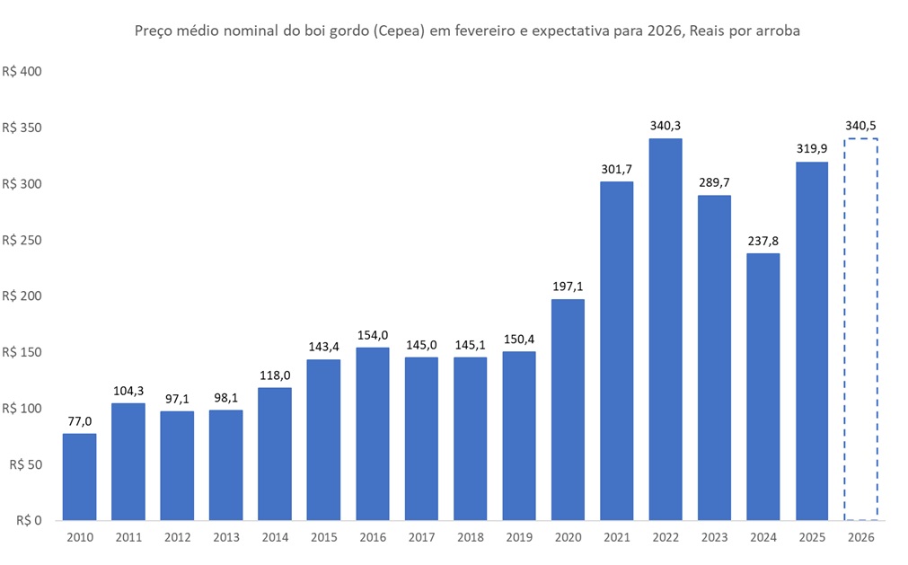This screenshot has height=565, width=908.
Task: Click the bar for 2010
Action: [x=79, y=476]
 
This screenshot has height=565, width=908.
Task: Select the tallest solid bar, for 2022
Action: [x=666, y=329]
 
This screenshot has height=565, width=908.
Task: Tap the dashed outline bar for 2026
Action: [x=860, y=329]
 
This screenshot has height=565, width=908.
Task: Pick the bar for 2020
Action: [x=568, y=409]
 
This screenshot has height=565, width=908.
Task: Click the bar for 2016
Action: [x=373, y=433]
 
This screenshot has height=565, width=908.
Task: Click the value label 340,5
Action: [x=860, y=125]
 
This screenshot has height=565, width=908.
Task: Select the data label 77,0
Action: [x=79, y=420]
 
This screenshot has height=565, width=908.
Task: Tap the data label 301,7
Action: [x=616, y=168]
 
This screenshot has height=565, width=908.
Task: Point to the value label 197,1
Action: [x=568, y=286]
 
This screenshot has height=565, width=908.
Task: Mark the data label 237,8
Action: [x=763, y=240]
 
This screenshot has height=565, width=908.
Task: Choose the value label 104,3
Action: [x=128, y=390]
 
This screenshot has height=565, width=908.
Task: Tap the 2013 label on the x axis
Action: [x=226, y=536]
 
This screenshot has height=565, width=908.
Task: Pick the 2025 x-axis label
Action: [x=811, y=536]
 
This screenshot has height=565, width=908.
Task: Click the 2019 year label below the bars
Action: [x=519, y=536]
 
